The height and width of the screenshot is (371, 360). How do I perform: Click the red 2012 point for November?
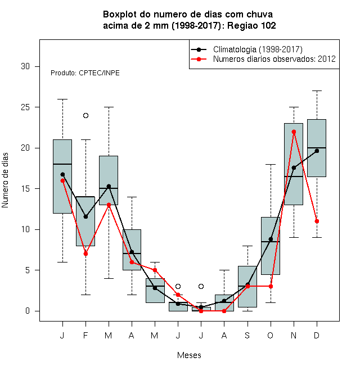(x=294, y=132)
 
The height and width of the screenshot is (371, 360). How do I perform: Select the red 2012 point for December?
(x=317, y=221)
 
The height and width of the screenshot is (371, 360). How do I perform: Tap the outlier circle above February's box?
(x=85, y=115)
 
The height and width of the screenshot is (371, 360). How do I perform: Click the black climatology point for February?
(x=85, y=216)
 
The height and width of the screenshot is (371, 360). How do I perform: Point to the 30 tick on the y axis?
(x=37, y=66)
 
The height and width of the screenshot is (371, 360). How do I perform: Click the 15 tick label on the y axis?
(x=25, y=189)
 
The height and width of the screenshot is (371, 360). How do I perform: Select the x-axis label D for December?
(x=317, y=335)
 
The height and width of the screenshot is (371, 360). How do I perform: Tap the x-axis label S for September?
(x=247, y=335)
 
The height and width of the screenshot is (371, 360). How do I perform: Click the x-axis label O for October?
(x=270, y=335)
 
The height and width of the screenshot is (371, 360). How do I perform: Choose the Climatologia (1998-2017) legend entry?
(x=246, y=49)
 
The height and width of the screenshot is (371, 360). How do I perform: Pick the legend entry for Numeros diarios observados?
(x=263, y=59)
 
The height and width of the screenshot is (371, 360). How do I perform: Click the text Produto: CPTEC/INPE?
(x=85, y=73)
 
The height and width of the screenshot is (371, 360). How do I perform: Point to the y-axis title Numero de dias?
(x=5, y=180)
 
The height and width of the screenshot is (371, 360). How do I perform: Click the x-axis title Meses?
(x=189, y=355)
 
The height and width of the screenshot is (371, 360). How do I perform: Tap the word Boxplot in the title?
(x=120, y=15)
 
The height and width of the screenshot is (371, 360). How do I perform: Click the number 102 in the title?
(x=268, y=25)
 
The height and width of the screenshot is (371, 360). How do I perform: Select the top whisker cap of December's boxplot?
(x=317, y=91)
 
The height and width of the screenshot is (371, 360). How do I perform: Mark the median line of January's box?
(x=62, y=164)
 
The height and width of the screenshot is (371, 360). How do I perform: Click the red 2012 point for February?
(x=85, y=254)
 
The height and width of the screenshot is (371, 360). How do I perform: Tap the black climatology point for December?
(x=317, y=151)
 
